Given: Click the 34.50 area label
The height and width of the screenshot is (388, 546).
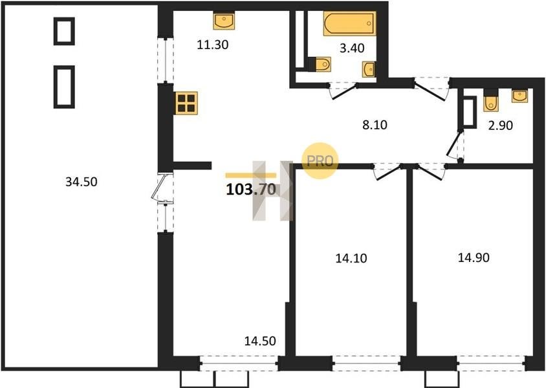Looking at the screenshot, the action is click(81, 182).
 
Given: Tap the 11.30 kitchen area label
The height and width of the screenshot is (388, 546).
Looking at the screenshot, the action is click(212, 45).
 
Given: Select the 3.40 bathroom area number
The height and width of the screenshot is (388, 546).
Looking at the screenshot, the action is click(352, 48).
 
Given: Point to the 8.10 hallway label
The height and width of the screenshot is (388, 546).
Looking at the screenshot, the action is click(375, 125).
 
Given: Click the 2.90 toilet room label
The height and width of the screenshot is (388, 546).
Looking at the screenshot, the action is click(500, 125).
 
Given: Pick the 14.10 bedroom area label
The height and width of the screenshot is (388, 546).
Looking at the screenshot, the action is click(351, 258).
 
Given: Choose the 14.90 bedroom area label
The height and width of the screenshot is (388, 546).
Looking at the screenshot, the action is click(474, 257).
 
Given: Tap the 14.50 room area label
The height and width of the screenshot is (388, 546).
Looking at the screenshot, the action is click(260, 341).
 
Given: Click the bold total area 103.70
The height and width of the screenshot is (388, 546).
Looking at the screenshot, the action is click(251, 189).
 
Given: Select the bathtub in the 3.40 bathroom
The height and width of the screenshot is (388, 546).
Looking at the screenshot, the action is click(349, 23).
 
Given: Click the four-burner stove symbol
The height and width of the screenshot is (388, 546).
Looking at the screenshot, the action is click(186, 103).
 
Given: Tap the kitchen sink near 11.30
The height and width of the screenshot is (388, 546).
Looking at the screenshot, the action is click(224, 21).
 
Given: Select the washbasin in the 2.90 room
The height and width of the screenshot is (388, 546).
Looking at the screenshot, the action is click(519, 96).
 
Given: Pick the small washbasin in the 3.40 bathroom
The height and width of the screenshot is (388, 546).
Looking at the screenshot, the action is click(369, 69).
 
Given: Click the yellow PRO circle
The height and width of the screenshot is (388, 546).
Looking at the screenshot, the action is click(320, 161).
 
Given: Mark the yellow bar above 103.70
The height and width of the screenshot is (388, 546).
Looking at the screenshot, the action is click(251, 176).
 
